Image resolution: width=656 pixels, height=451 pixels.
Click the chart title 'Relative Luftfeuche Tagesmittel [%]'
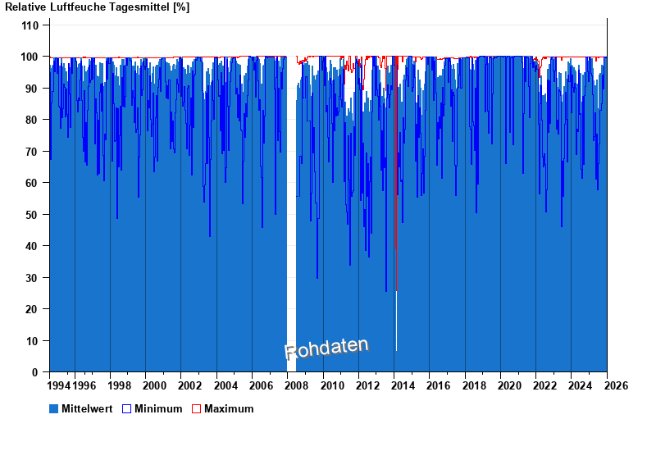pyautogui.click(x=98, y=7)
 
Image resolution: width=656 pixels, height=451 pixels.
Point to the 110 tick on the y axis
pyautogui.click(x=30, y=25)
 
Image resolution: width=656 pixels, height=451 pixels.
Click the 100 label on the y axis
pyautogui.click(x=30, y=57)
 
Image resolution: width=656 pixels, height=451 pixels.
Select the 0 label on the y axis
pyautogui.click(x=36, y=372)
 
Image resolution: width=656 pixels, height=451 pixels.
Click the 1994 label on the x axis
pyautogui.click(x=59, y=385)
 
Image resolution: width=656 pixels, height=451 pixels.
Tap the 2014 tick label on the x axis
pyautogui.click(x=403, y=385)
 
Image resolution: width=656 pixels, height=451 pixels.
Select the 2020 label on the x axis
pyautogui.click(x=509, y=385)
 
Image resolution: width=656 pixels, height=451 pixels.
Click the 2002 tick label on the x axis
pyautogui.click(x=190, y=385)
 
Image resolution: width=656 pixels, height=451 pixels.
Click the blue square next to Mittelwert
pyautogui.click(x=54, y=408)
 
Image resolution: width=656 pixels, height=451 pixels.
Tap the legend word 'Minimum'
pyautogui.click(x=158, y=408)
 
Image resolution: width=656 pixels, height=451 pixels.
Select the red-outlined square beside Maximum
pyautogui.click(x=196, y=408)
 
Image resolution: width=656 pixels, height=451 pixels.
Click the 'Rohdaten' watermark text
pyautogui.click(x=326, y=348)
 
